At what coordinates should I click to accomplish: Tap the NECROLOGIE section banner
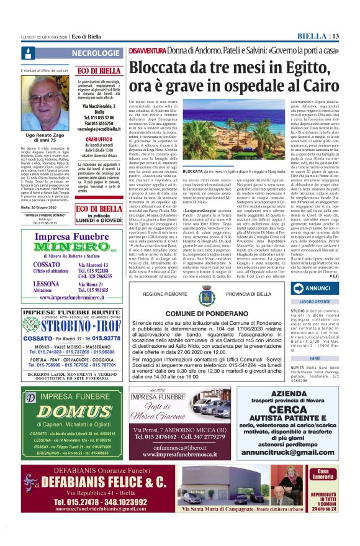click(x=96, y=53)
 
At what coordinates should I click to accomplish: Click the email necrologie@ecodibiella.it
click(x=99, y=129)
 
